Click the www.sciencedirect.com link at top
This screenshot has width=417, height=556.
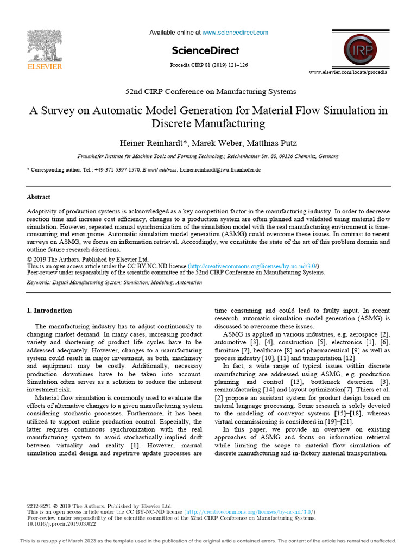(235, 33)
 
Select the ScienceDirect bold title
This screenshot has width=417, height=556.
(205, 50)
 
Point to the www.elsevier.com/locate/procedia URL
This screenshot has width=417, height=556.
(348, 72)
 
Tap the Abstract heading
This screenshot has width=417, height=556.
(39, 197)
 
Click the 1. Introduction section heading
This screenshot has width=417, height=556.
(49, 311)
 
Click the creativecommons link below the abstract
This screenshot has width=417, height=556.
(253, 266)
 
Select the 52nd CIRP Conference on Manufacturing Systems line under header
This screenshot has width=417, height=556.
(208, 91)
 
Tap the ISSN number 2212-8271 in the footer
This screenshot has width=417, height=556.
(39, 506)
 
